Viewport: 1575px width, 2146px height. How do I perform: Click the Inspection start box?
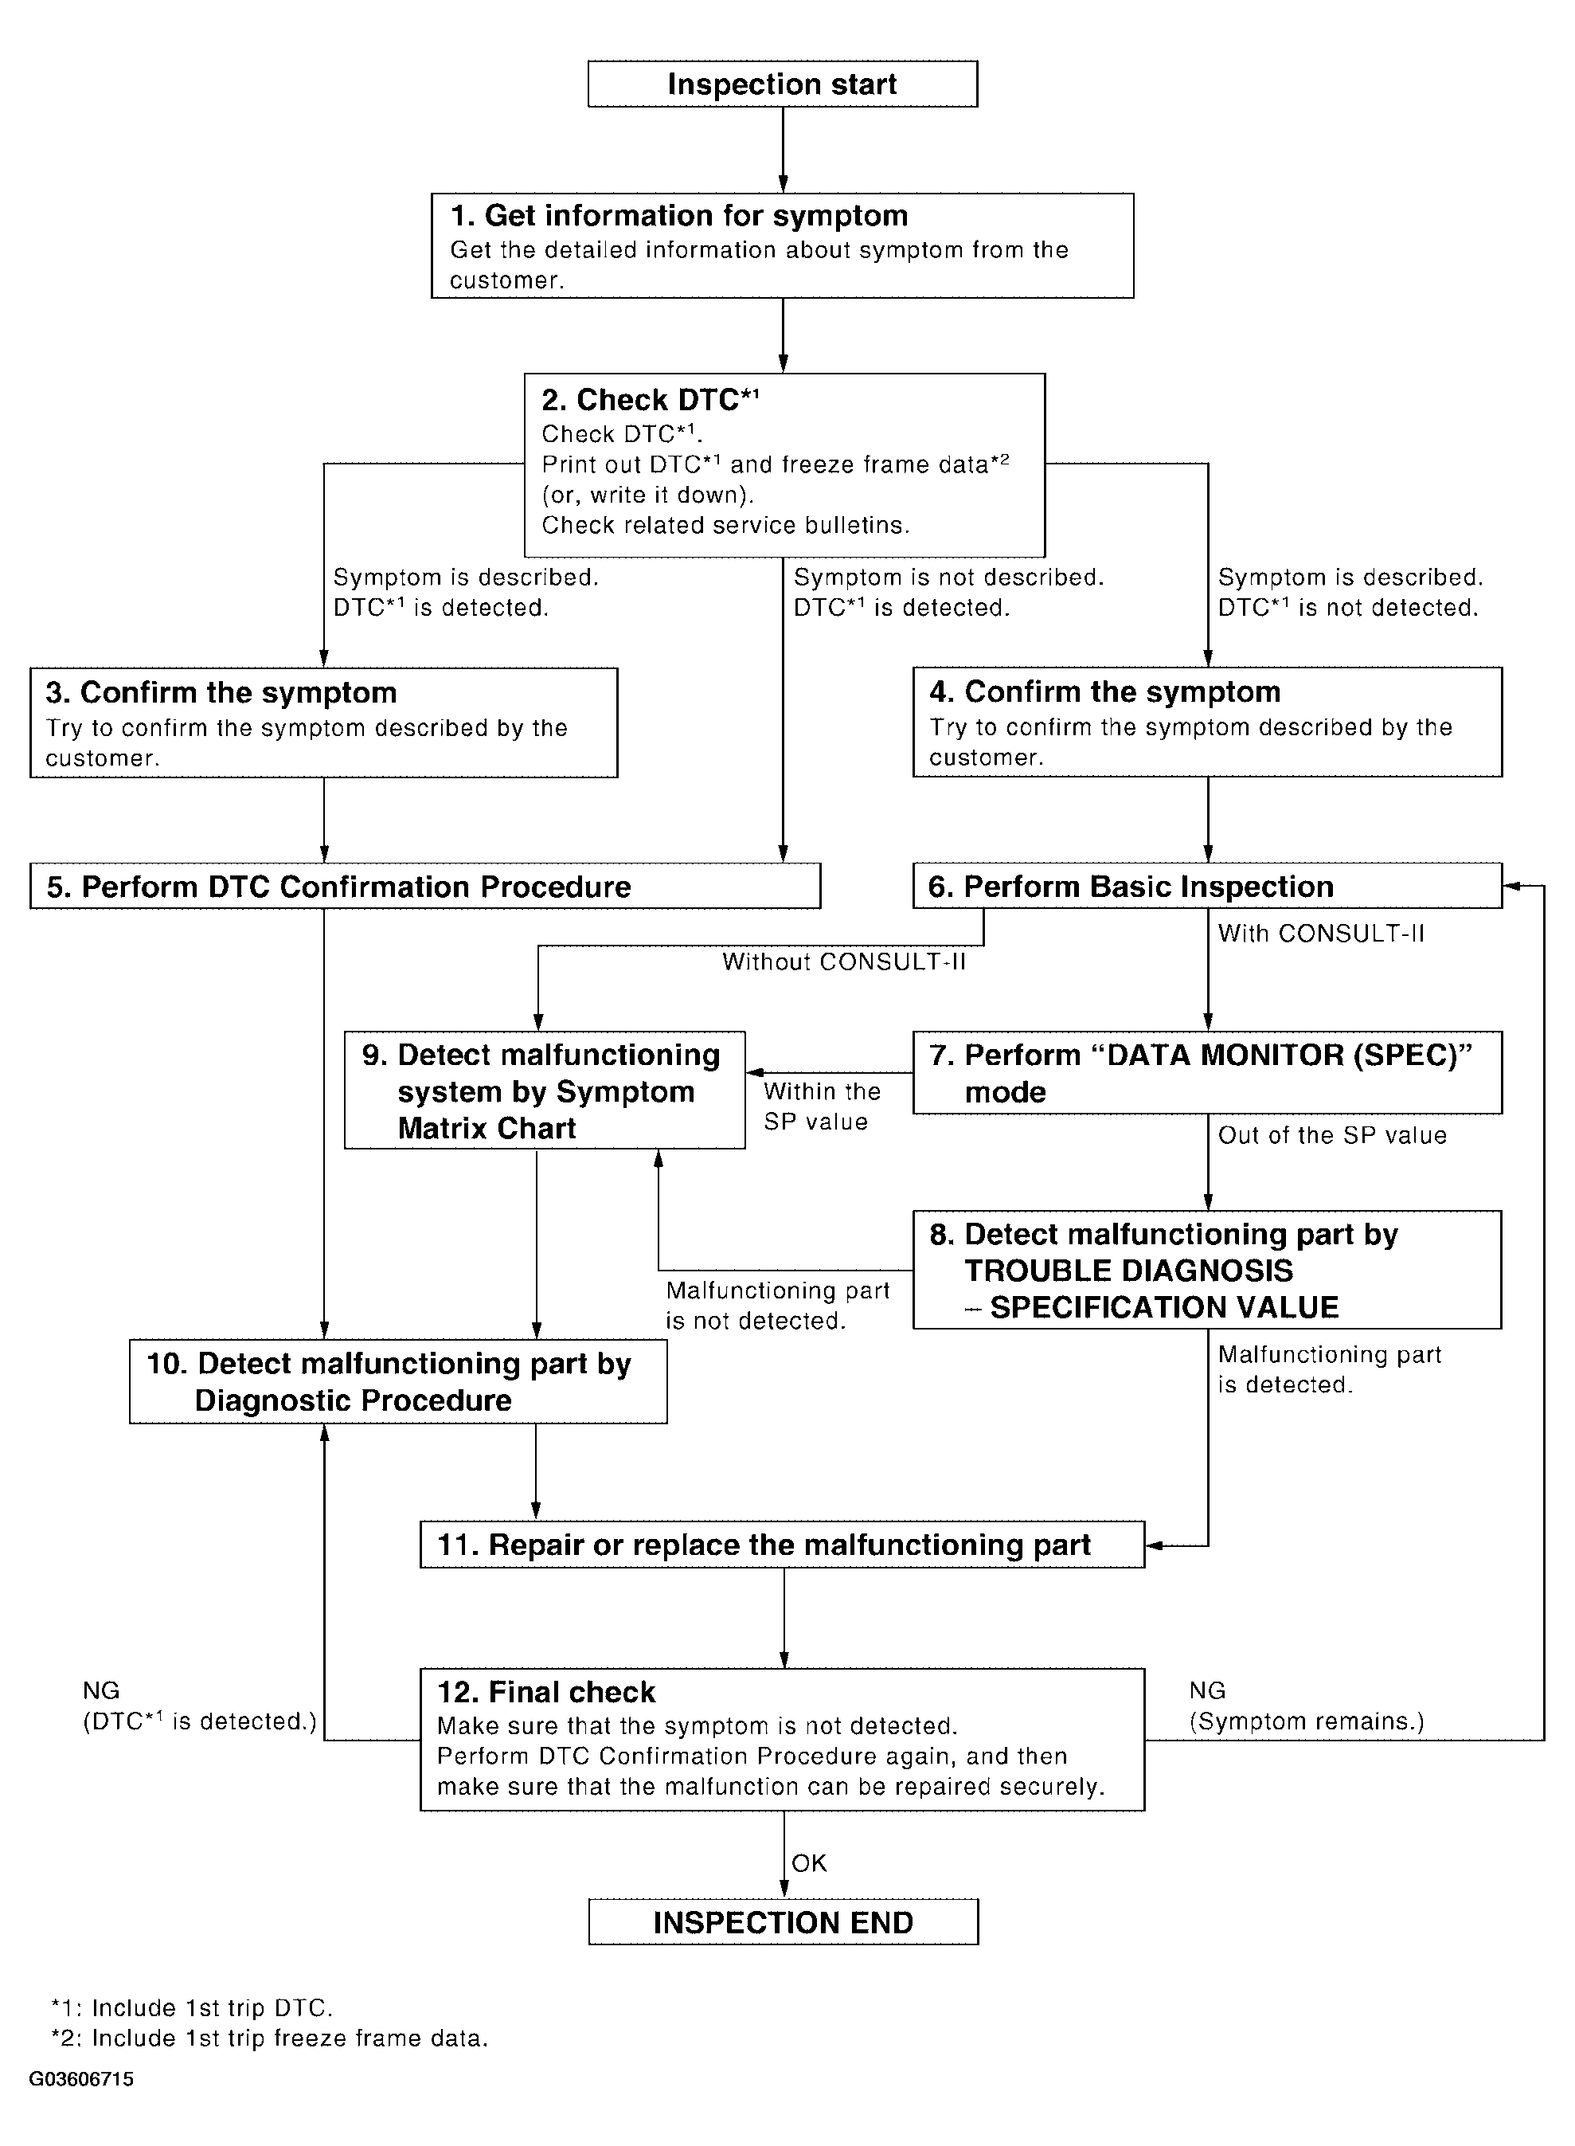[x=782, y=84]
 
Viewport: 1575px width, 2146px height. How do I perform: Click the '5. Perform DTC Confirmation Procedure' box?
[x=424, y=886]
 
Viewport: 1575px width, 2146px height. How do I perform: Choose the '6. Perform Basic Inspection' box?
[x=1206, y=886]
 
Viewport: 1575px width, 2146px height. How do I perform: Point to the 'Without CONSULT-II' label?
[x=844, y=961]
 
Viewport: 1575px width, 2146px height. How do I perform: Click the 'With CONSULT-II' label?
[x=1320, y=933]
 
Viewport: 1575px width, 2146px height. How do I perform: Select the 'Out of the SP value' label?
[x=1332, y=1135]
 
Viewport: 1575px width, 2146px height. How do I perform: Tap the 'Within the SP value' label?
[x=821, y=1106]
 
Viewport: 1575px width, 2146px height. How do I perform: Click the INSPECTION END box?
[x=783, y=1922]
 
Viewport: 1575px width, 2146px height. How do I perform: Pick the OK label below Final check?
[x=808, y=1862]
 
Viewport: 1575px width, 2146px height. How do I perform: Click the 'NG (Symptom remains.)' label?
[x=1306, y=1707]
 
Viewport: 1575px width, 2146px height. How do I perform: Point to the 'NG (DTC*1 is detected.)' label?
[x=199, y=1707]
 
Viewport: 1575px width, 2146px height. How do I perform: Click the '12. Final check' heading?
[x=545, y=1692]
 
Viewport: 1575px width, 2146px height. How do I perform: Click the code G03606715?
[x=81, y=2078]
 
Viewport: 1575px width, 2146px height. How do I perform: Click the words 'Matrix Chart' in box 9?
[x=487, y=1128]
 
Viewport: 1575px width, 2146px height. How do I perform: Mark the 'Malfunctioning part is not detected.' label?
[x=777, y=1306]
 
